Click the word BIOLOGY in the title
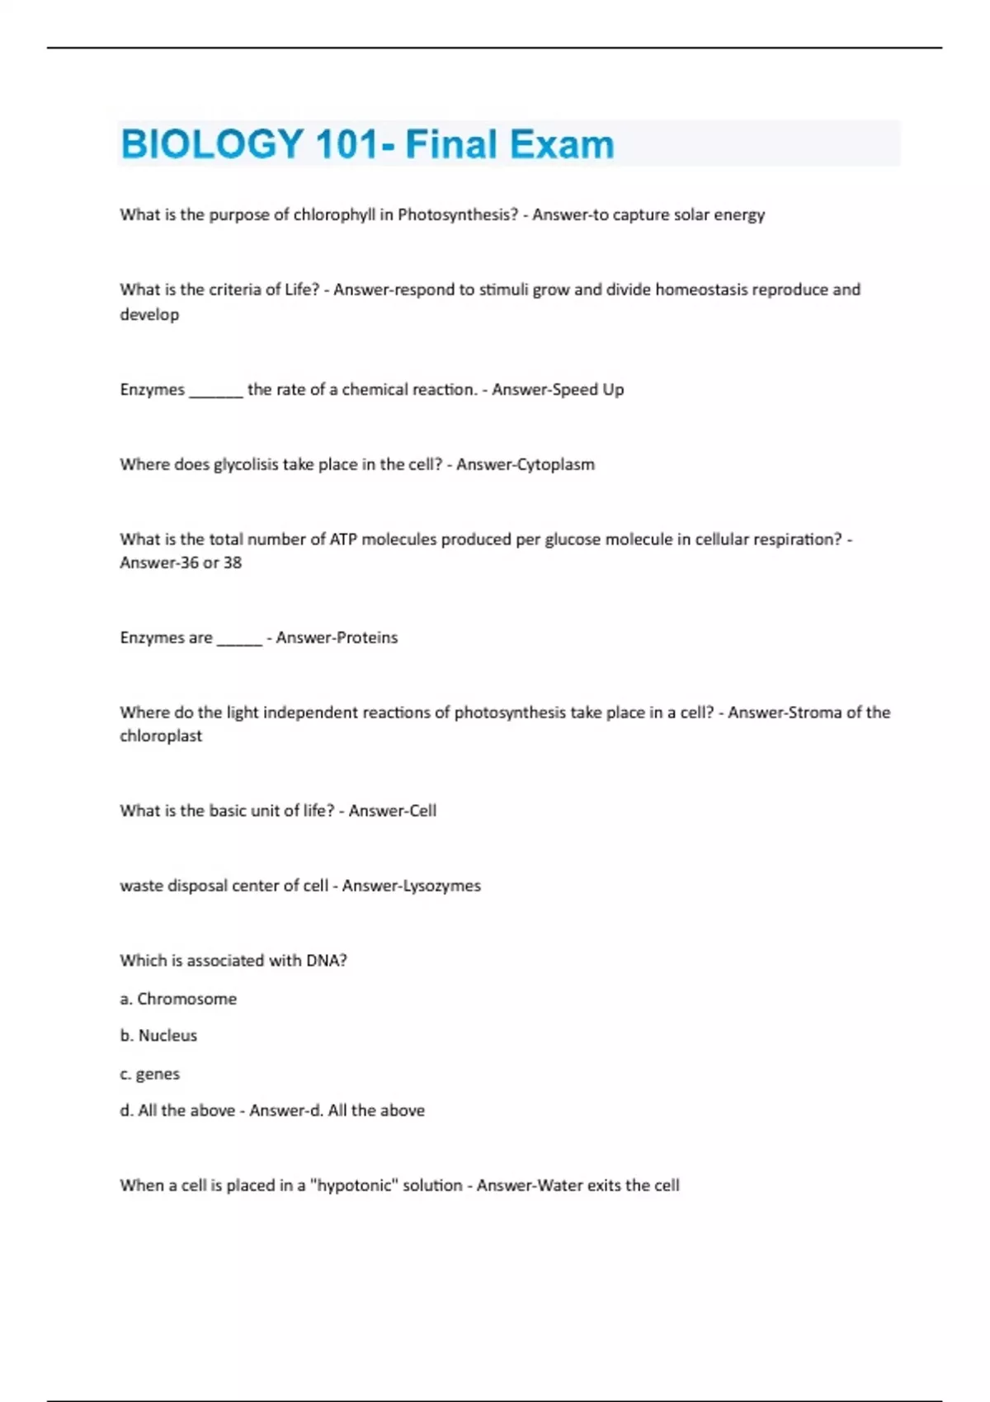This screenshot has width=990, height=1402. (x=212, y=144)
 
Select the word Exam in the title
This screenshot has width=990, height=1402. (x=561, y=144)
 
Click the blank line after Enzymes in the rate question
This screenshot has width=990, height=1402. (x=216, y=390)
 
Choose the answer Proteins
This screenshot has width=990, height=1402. (x=366, y=637)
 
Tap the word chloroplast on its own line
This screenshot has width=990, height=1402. (x=161, y=736)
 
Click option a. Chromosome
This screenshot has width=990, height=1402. (x=178, y=999)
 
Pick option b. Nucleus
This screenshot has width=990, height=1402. (x=158, y=1035)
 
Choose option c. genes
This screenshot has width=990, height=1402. (x=149, y=1074)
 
